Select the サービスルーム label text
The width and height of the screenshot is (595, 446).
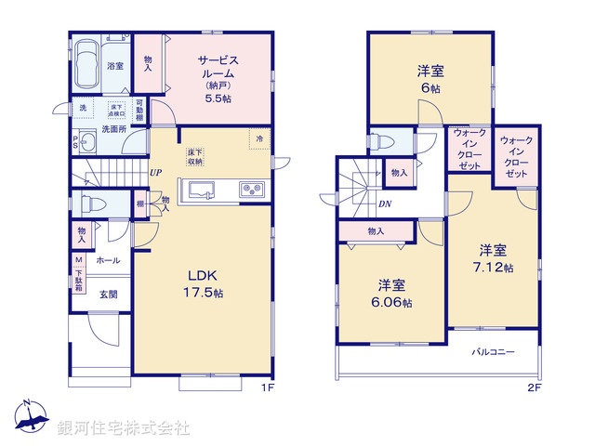click(219, 67)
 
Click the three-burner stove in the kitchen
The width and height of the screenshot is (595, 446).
click(253, 190)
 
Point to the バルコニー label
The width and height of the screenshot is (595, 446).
click(492, 353)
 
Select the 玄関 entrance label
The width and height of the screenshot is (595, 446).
click(108, 295)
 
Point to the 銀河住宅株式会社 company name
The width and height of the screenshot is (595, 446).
click(124, 428)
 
